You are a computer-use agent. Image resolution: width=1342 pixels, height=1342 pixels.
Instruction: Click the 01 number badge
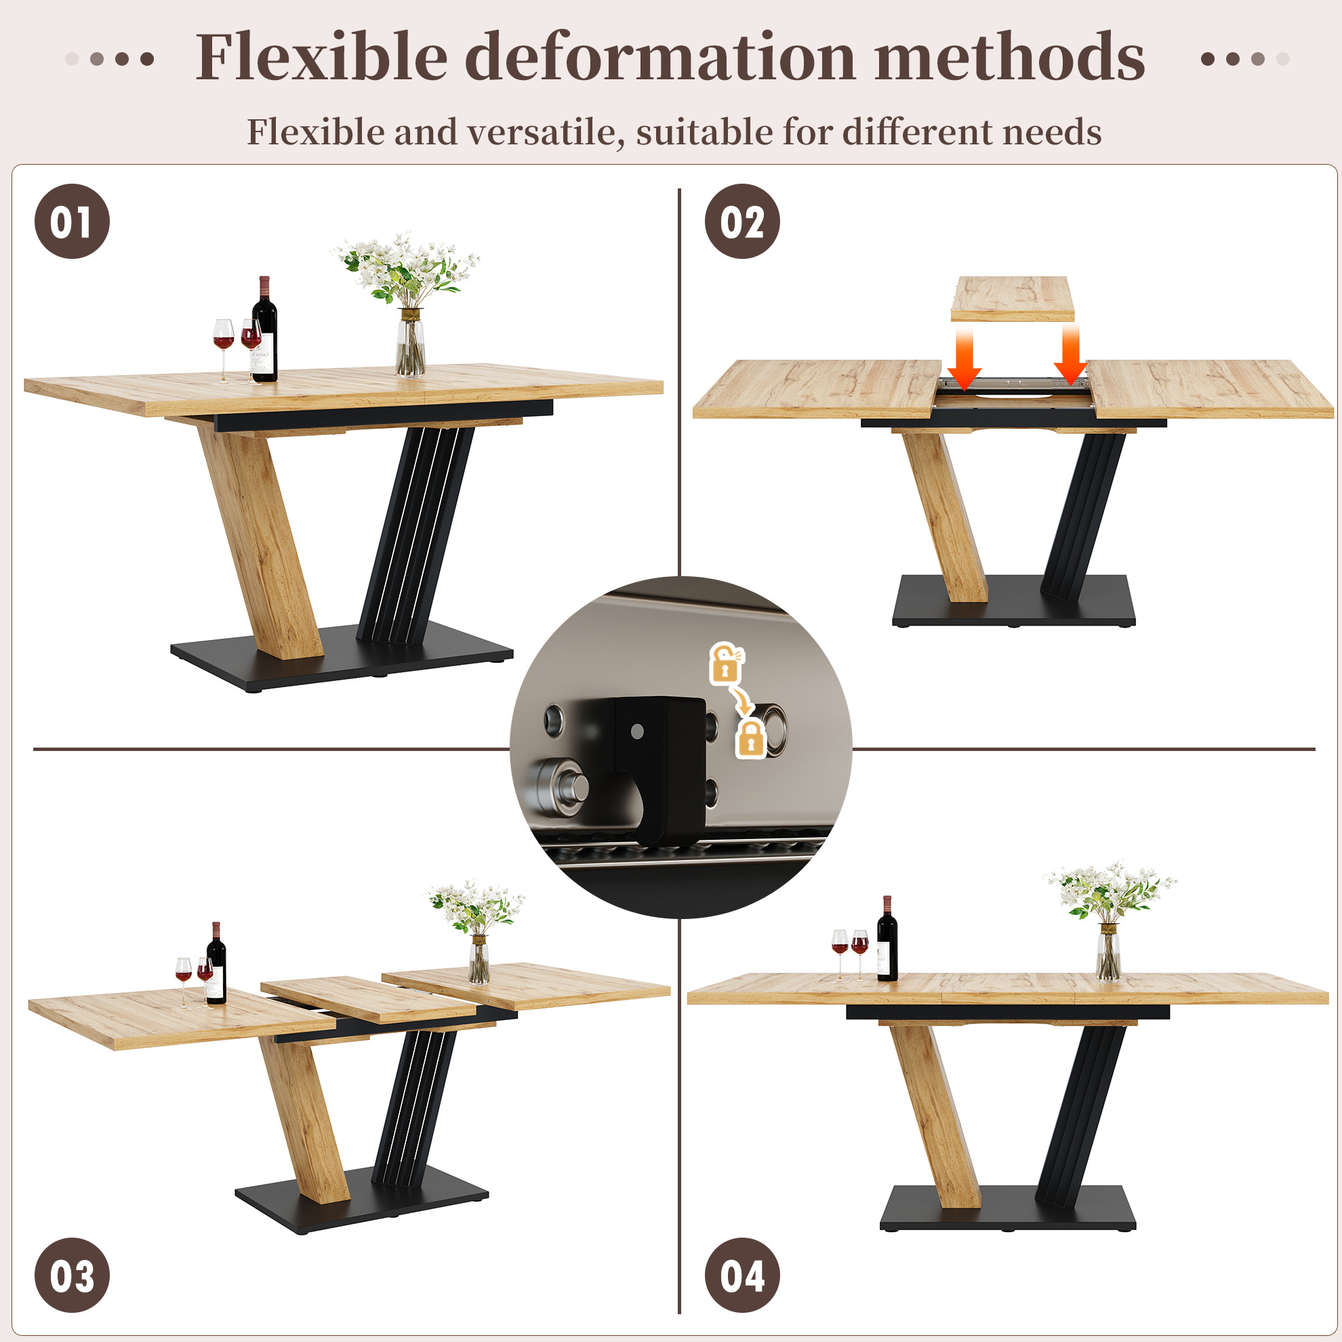(x=73, y=222)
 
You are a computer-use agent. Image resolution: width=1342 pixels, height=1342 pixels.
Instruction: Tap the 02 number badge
(x=742, y=222)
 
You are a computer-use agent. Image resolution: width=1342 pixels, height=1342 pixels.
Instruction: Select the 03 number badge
(x=73, y=1275)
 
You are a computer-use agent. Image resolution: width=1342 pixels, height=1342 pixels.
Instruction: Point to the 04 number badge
(x=742, y=1275)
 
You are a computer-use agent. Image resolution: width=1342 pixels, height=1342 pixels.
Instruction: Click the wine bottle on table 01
(x=264, y=329)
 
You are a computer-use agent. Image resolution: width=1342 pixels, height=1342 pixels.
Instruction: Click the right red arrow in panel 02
(x=1070, y=356)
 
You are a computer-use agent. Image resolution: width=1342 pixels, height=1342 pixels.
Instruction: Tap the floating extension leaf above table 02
(x=1012, y=299)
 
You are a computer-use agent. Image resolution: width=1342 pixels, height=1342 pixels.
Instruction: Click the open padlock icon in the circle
(x=726, y=663)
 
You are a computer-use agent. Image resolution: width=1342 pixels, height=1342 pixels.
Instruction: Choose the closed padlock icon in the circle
(x=751, y=738)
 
